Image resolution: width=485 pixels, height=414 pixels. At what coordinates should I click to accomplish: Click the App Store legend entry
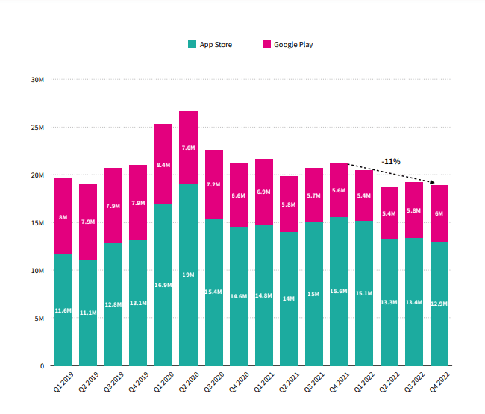coord(210,45)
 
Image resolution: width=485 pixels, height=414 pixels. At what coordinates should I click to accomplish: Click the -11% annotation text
coord(391,161)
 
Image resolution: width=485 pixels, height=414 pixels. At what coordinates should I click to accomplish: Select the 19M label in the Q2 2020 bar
coord(189,275)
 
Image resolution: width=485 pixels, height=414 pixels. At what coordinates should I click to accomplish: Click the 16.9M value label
coord(163,284)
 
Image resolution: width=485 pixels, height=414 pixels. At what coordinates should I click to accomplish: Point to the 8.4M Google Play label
coord(163,164)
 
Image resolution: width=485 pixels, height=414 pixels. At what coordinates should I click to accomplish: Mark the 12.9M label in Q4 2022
coord(439,304)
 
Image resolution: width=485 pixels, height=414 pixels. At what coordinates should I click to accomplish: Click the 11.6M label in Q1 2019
coord(63,310)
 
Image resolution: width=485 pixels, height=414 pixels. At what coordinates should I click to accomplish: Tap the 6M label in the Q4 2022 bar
coord(439,213)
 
